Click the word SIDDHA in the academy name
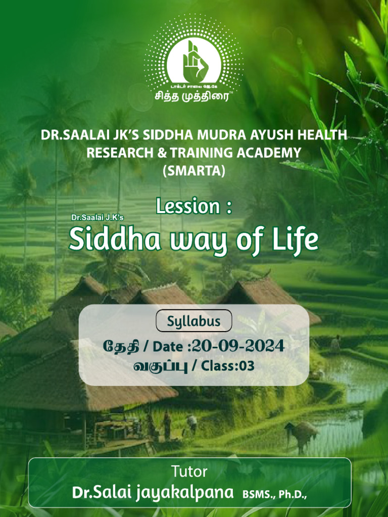(x=167, y=136)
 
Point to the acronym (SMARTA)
(x=193, y=171)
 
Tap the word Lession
(x=187, y=206)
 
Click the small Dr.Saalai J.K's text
(x=98, y=218)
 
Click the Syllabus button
(x=194, y=321)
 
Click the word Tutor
(x=189, y=472)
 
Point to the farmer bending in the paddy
(x=302, y=433)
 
